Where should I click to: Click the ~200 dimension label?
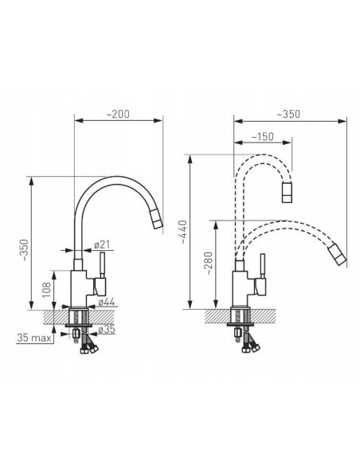click(118, 114)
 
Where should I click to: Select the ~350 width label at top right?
click(288, 114)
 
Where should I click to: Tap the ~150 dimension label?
click(263, 137)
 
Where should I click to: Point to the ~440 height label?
click(183, 232)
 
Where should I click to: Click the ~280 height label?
click(209, 263)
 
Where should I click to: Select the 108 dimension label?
click(46, 290)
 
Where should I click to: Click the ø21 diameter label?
click(102, 245)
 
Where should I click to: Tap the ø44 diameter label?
click(107, 303)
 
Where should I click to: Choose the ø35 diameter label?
click(107, 329)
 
